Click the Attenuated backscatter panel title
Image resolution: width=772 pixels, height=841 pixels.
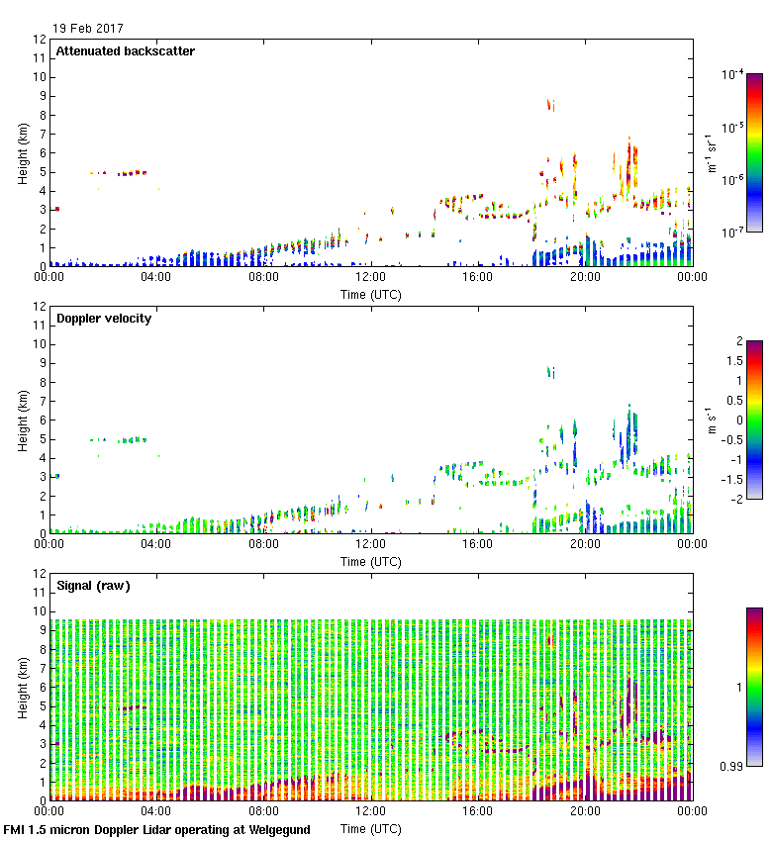pyautogui.click(x=125, y=51)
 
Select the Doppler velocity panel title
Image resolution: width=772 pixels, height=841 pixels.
pyautogui.click(x=103, y=319)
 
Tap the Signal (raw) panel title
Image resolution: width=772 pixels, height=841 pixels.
pyautogui.click(x=93, y=586)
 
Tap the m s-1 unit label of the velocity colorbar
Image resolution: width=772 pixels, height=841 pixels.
pyautogui.click(x=711, y=420)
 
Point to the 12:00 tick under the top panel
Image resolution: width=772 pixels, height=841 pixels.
pyautogui.click(x=370, y=277)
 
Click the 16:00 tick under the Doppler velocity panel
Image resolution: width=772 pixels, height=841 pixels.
pyautogui.click(x=477, y=544)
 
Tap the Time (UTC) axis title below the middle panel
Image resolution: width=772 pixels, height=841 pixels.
pyautogui.click(x=370, y=561)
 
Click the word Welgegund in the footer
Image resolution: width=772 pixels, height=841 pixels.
pyautogui.click(x=278, y=830)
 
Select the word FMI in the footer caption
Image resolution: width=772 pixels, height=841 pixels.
pyautogui.click(x=16, y=830)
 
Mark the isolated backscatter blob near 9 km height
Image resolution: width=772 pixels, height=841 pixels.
pyautogui.click(x=550, y=104)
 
